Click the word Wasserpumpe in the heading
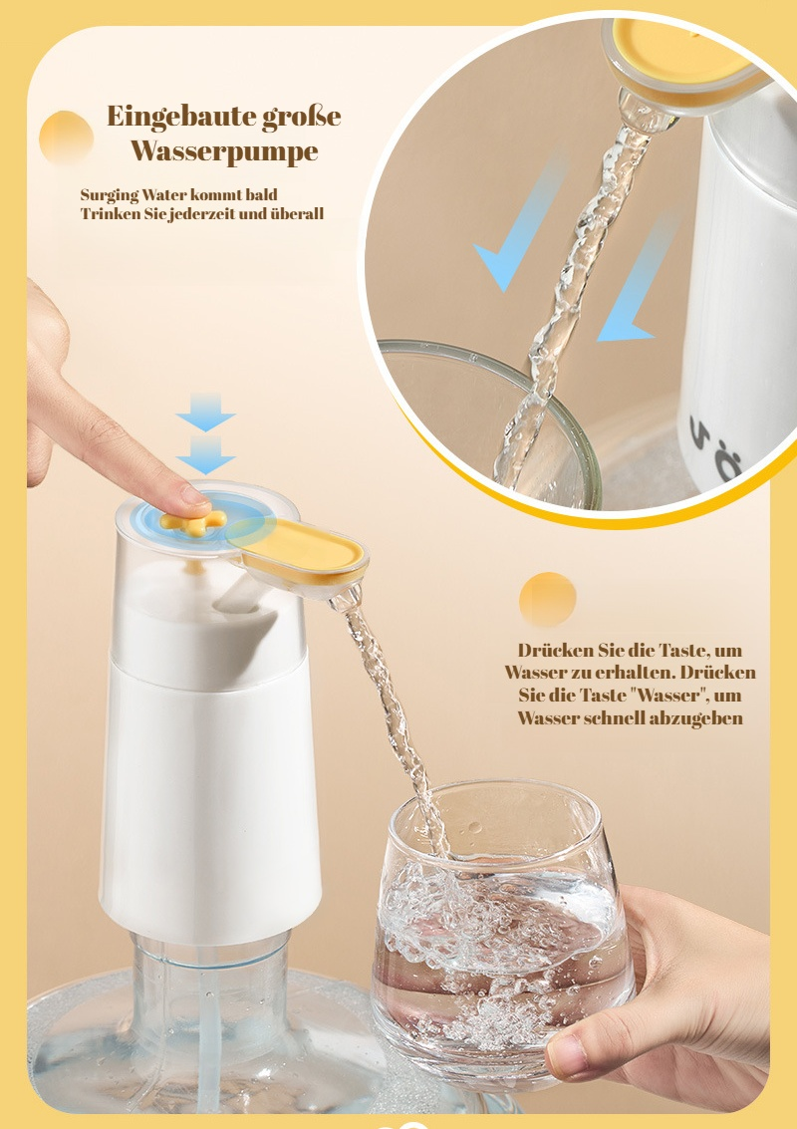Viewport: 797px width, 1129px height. coord(224,151)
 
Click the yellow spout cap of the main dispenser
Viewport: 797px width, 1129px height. coord(303,550)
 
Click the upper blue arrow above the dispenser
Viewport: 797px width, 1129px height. coord(205,413)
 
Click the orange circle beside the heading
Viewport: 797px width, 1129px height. coord(66,138)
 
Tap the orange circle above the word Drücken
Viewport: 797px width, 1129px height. coord(547,599)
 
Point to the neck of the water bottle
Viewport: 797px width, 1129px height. coord(209,982)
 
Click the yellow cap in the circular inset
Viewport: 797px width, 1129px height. coord(677,50)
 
